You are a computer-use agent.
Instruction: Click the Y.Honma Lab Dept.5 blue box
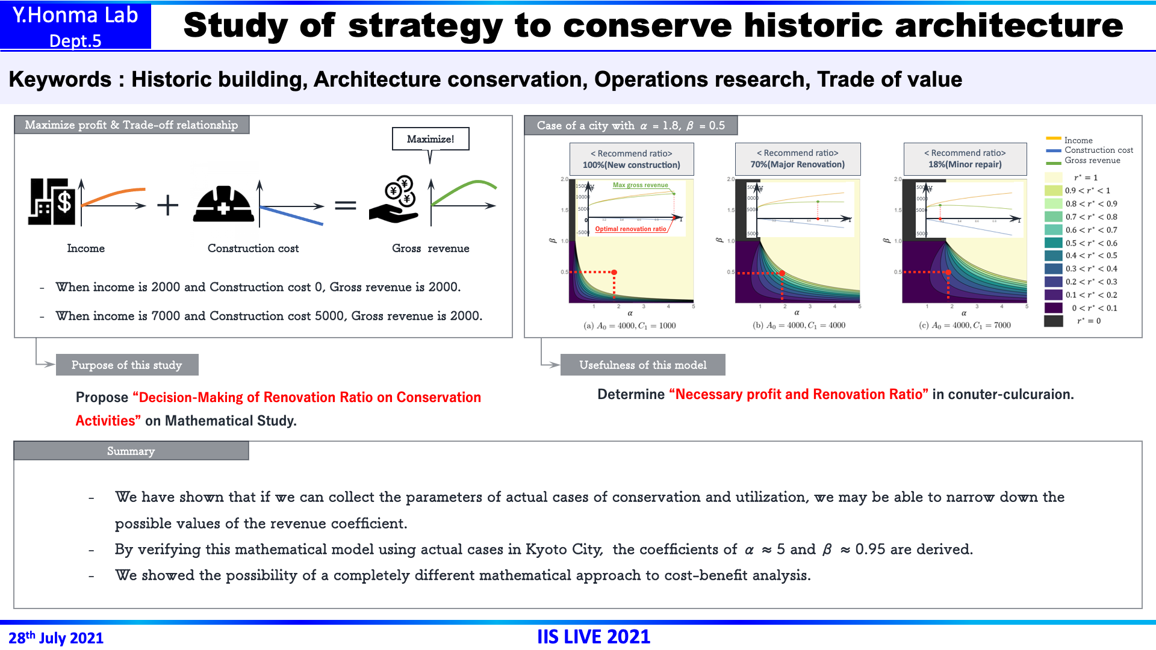(75, 26)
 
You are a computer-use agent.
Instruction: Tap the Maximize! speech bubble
(430, 139)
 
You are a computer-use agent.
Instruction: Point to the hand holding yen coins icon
(395, 200)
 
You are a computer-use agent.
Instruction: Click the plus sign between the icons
(167, 205)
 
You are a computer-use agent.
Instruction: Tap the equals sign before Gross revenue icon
(345, 206)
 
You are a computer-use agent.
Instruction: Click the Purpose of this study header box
(126, 365)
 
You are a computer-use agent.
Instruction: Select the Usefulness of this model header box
(642, 365)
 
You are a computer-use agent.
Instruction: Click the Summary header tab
(131, 451)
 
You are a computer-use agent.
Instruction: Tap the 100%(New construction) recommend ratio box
(631, 159)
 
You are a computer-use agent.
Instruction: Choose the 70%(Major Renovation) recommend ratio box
(797, 159)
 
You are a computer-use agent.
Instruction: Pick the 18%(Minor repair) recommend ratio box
(965, 159)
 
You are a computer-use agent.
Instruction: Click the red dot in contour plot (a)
(614, 273)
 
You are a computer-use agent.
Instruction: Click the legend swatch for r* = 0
(1053, 321)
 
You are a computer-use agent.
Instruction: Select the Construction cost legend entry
(1098, 150)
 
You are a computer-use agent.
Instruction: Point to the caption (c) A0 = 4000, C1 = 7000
(965, 326)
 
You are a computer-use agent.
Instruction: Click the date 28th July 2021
(56, 637)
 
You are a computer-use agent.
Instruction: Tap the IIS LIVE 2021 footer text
(594, 637)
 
